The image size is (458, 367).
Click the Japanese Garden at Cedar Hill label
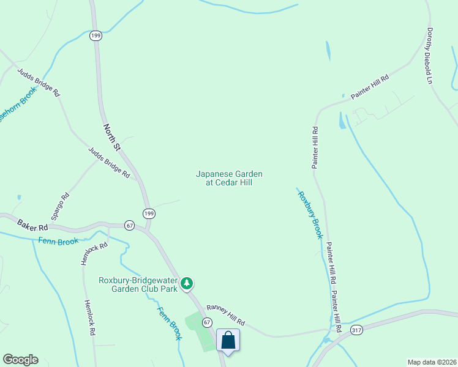[224, 178]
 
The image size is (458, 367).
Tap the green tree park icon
[187, 284]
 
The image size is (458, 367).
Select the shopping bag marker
[228, 340]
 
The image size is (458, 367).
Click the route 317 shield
[356, 330]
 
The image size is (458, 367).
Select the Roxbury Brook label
[310, 215]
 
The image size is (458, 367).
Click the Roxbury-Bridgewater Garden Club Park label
[138, 285]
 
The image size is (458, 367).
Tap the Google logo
[20, 360]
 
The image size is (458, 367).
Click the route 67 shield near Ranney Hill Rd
[207, 322]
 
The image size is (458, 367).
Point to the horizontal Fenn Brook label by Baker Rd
[58, 242]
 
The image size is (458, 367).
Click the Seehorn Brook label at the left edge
[18, 105]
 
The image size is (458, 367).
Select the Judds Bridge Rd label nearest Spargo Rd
[109, 163]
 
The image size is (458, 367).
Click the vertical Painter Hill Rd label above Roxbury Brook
[315, 147]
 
